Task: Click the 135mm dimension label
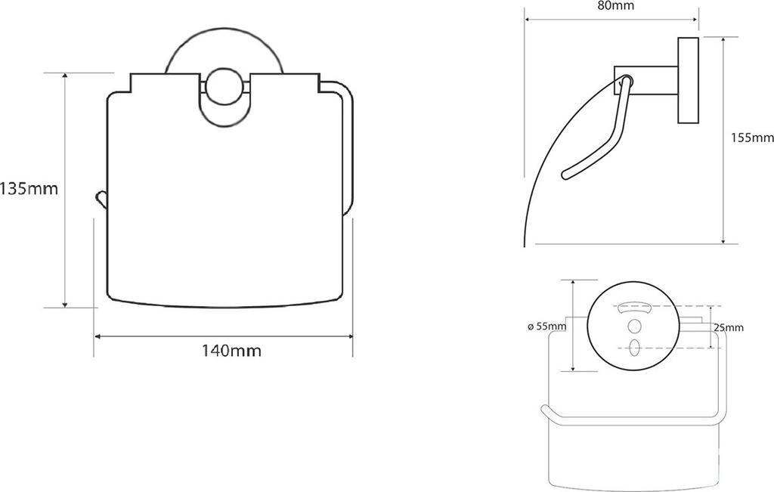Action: point(29,188)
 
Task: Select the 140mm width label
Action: point(231,351)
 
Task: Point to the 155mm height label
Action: point(752,138)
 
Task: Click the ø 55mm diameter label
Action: point(546,326)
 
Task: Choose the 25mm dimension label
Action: point(728,328)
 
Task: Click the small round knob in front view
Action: point(224,87)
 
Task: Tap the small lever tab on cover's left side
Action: point(101,200)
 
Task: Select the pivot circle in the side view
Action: point(626,80)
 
